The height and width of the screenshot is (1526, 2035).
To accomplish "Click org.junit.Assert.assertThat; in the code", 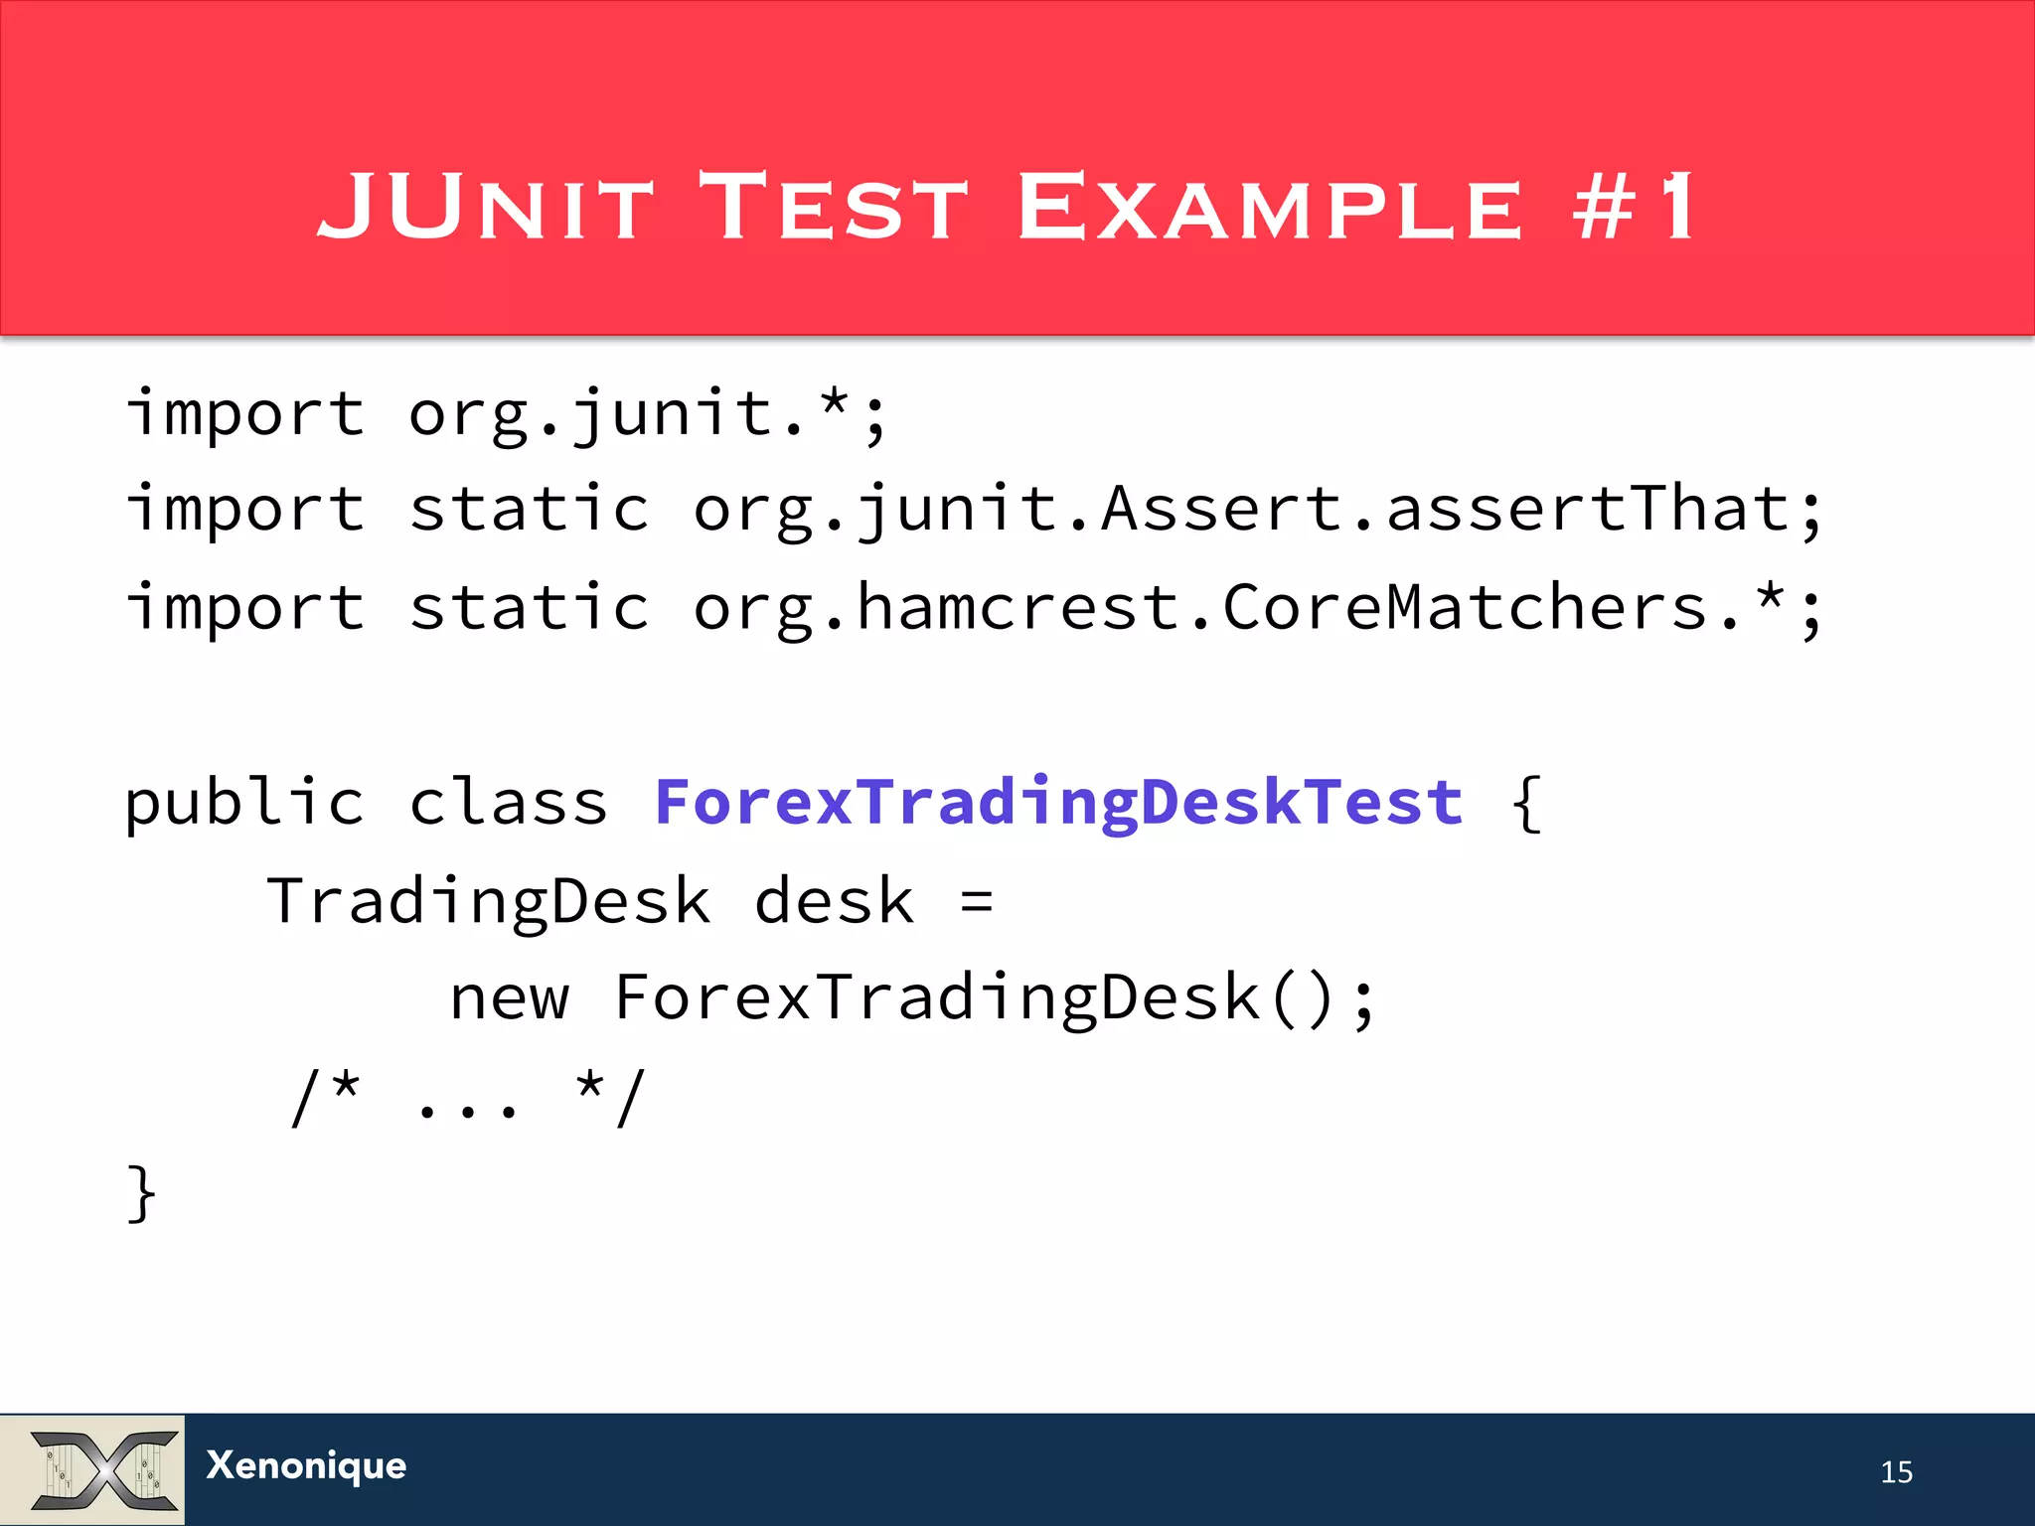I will pos(1257,510).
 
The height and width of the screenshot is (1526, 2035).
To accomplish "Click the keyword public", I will pos(244,803).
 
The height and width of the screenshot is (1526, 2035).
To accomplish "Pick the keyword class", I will pos(508,803).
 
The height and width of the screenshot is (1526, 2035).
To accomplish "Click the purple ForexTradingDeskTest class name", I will pos(1058,803).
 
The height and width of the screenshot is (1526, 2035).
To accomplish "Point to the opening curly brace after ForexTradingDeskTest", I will pos(1526,803).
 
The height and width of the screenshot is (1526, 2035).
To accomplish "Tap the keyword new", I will pos(510,998).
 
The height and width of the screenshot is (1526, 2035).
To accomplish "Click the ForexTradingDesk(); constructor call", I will pos(994,998).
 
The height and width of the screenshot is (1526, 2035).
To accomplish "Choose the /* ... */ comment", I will pos(467,1098).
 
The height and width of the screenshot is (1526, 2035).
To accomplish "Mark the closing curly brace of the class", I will pos(141,1192).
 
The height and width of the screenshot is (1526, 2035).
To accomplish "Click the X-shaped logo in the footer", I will pos(103,1469).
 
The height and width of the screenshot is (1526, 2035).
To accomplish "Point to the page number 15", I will pos(1896,1471).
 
